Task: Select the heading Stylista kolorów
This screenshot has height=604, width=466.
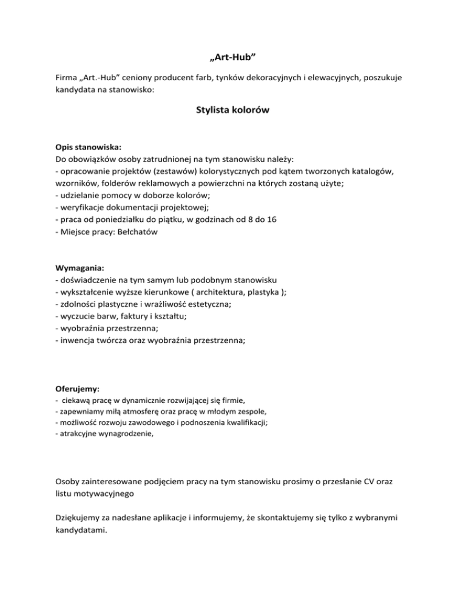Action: click(x=232, y=111)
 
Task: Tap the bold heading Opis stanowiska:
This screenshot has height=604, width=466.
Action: click(x=88, y=148)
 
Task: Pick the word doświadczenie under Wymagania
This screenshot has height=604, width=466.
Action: click(x=89, y=280)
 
